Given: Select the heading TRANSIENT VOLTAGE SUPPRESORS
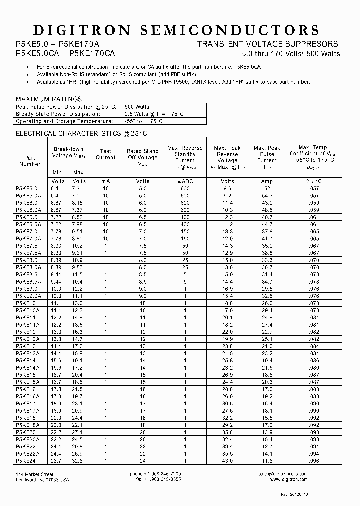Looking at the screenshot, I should (268, 44).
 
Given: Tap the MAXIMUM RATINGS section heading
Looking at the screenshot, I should (49, 99).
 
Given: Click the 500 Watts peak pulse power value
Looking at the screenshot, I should (136, 106).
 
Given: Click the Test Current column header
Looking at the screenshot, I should (105, 157).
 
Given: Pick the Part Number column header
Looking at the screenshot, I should (30, 160).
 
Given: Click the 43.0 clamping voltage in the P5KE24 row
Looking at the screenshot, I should (227, 460).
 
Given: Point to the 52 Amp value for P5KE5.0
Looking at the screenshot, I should (267, 189).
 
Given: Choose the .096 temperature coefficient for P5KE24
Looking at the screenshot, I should (313, 460).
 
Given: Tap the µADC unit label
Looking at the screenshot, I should (185, 181).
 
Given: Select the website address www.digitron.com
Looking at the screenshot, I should (288, 479).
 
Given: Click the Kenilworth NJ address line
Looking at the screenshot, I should (42, 479).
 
